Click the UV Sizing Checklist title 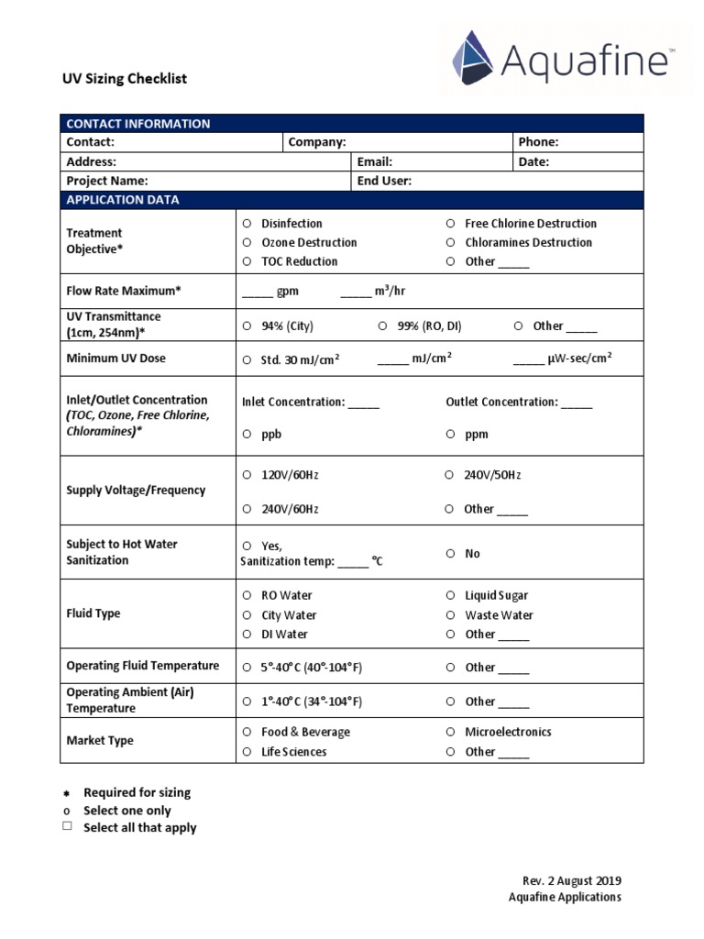[x=124, y=79]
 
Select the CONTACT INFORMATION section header [x=137, y=124]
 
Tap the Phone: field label [x=538, y=142]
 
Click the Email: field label [x=375, y=161]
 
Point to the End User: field [x=384, y=181]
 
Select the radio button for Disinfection [x=247, y=224]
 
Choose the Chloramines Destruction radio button [x=450, y=243]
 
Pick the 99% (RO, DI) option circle [x=382, y=326]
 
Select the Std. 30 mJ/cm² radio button [x=247, y=360]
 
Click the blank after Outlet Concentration [x=577, y=403]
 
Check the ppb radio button [x=247, y=435]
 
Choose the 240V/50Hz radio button [x=450, y=475]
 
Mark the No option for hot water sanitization [x=450, y=554]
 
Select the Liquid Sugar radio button [x=450, y=596]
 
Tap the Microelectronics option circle [x=450, y=733]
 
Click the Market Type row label [x=100, y=741]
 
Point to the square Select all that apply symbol [x=67, y=827]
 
